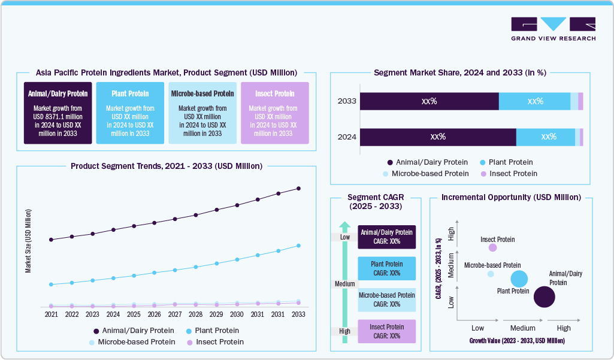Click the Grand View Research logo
pos(553,29)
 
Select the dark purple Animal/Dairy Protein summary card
pos(58,113)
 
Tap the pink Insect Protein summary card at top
pos(275,113)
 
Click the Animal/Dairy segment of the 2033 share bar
pos(429,101)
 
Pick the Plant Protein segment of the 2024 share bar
pos(545,137)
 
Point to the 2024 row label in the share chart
pos(347,137)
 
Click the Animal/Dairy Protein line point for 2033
pos(298,189)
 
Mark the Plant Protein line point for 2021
pos(52,285)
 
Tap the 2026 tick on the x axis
pos(154,314)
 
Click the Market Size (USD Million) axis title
pos(28,241)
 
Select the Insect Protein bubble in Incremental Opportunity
pos(492,247)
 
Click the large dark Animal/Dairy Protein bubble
pos(544,297)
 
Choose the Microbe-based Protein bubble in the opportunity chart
pos(491,274)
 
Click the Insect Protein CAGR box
pos(386,331)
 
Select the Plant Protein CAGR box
pos(386,268)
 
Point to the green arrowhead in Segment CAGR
pos(344,226)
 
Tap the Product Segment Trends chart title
pos(166,166)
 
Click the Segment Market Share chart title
pos(459,72)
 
